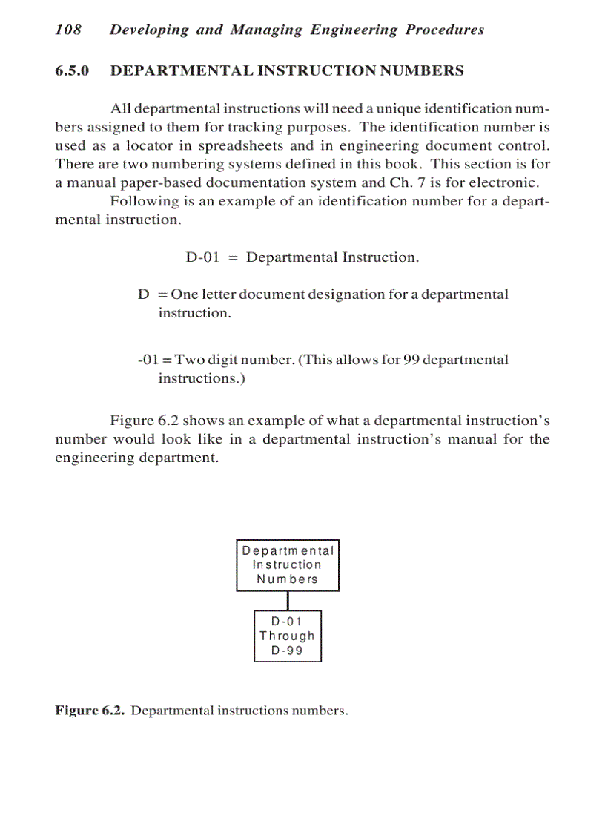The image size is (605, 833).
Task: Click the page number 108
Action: tap(68, 30)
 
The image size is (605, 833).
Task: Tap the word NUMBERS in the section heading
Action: tap(423, 71)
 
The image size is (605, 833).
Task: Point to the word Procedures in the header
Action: tap(444, 30)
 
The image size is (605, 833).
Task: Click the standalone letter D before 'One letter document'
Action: tap(144, 294)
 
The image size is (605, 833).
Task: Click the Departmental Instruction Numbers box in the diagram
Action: tap(288, 565)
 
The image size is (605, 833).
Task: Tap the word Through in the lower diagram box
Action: tap(287, 636)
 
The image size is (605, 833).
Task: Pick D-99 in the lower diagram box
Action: tap(287, 651)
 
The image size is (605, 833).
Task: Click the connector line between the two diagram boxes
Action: tap(288, 601)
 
